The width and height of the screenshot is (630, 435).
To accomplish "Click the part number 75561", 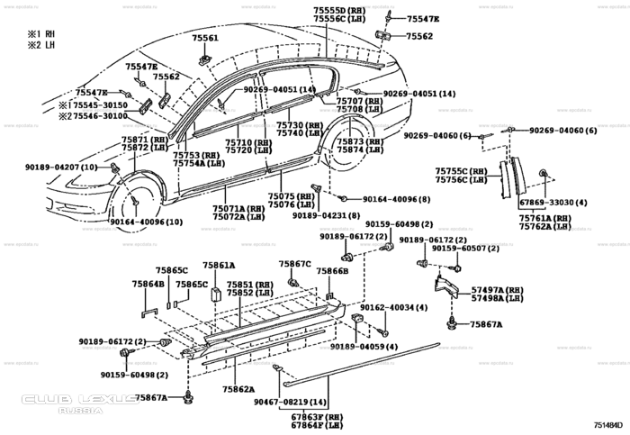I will click(x=204, y=39).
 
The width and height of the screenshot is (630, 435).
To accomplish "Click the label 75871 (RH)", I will click(x=143, y=140).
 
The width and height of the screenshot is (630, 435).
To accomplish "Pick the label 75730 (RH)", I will click(x=300, y=124).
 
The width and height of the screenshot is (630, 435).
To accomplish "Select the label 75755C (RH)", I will click(x=462, y=170).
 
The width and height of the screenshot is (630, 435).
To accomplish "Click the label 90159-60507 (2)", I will click(x=458, y=249).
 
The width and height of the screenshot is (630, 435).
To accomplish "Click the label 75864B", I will click(x=148, y=284).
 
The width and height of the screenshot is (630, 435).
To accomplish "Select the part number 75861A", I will click(x=218, y=266).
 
